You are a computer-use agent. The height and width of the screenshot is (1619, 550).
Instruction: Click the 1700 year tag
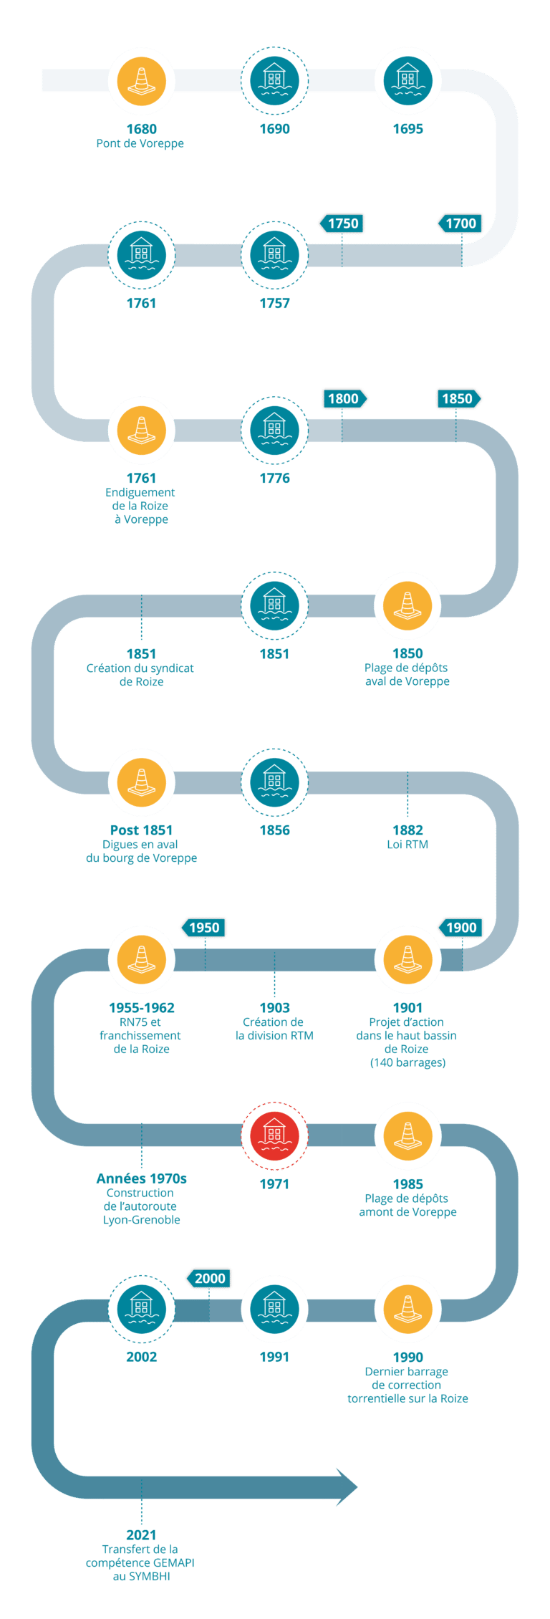pyautogui.click(x=460, y=224)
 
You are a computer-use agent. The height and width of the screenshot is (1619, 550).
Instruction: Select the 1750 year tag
pyautogui.click(x=342, y=224)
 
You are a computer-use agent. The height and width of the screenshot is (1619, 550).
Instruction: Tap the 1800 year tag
pyautogui.click(x=344, y=398)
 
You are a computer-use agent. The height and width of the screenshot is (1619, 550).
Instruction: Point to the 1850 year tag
pyautogui.click(x=458, y=398)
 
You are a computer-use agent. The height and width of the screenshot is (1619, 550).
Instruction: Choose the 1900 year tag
pyautogui.click(x=460, y=928)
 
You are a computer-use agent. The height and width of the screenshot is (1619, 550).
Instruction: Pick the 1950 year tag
pyautogui.click(x=203, y=928)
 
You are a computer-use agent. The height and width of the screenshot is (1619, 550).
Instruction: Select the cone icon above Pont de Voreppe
pyautogui.click(x=141, y=81)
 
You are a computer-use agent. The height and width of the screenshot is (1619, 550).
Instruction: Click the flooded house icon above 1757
pyautogui.click(x=274, y=255)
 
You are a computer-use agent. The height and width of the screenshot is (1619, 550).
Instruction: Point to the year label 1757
pyautogui.click(x=274, y=303)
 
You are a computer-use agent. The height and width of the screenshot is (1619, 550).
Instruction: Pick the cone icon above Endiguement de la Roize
pyautogui.click(x=141, y=430)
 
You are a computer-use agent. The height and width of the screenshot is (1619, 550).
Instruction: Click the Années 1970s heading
pyautogui.click(x=141, y=1178)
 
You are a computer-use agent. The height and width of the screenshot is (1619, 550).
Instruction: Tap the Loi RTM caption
pyautogui.click(x=407, y=844)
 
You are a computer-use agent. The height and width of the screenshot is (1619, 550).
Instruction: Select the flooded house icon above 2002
pyautogui.click(x=141, y=1310)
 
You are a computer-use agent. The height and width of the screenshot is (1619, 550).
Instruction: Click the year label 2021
pyautogui.click(x=141, y=1535)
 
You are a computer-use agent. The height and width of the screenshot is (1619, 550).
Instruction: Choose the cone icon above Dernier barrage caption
pyautogui.click(x=407, y=1310)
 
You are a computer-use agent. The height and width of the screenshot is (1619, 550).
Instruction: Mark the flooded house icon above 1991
pyautogui.click(x=274, y=1310)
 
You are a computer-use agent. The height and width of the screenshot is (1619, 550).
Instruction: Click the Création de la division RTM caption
pyautogui.click(x=274, y=1029)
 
